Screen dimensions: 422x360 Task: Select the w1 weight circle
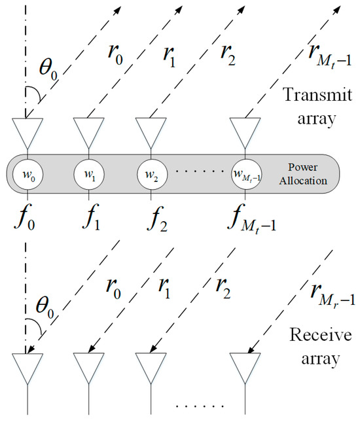(x=87, y=175)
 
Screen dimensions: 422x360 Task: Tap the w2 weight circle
(x=150, y=175)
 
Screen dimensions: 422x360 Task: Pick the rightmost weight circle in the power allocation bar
(x=245, y=175)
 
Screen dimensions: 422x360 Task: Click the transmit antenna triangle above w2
(x=150, y=132)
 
